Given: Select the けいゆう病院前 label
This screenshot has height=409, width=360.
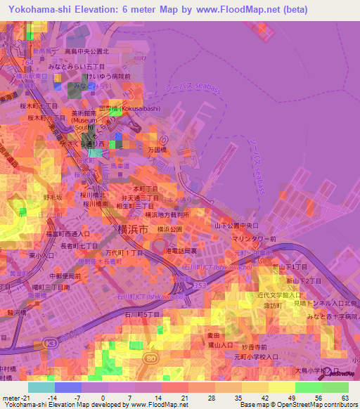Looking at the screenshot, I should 108,76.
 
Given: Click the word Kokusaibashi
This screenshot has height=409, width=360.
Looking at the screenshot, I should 140,109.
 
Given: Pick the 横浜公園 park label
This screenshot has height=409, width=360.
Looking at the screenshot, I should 170,229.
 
